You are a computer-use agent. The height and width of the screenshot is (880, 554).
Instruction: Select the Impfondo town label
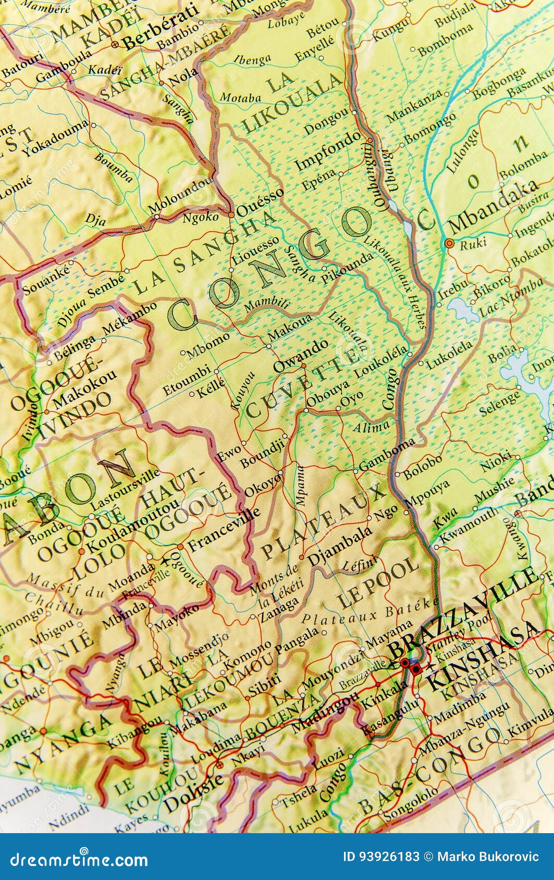click(327, 152)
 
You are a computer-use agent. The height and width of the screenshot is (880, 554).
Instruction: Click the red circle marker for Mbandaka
click(449, 243)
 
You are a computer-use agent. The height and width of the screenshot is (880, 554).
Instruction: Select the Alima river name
click(371, 428)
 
